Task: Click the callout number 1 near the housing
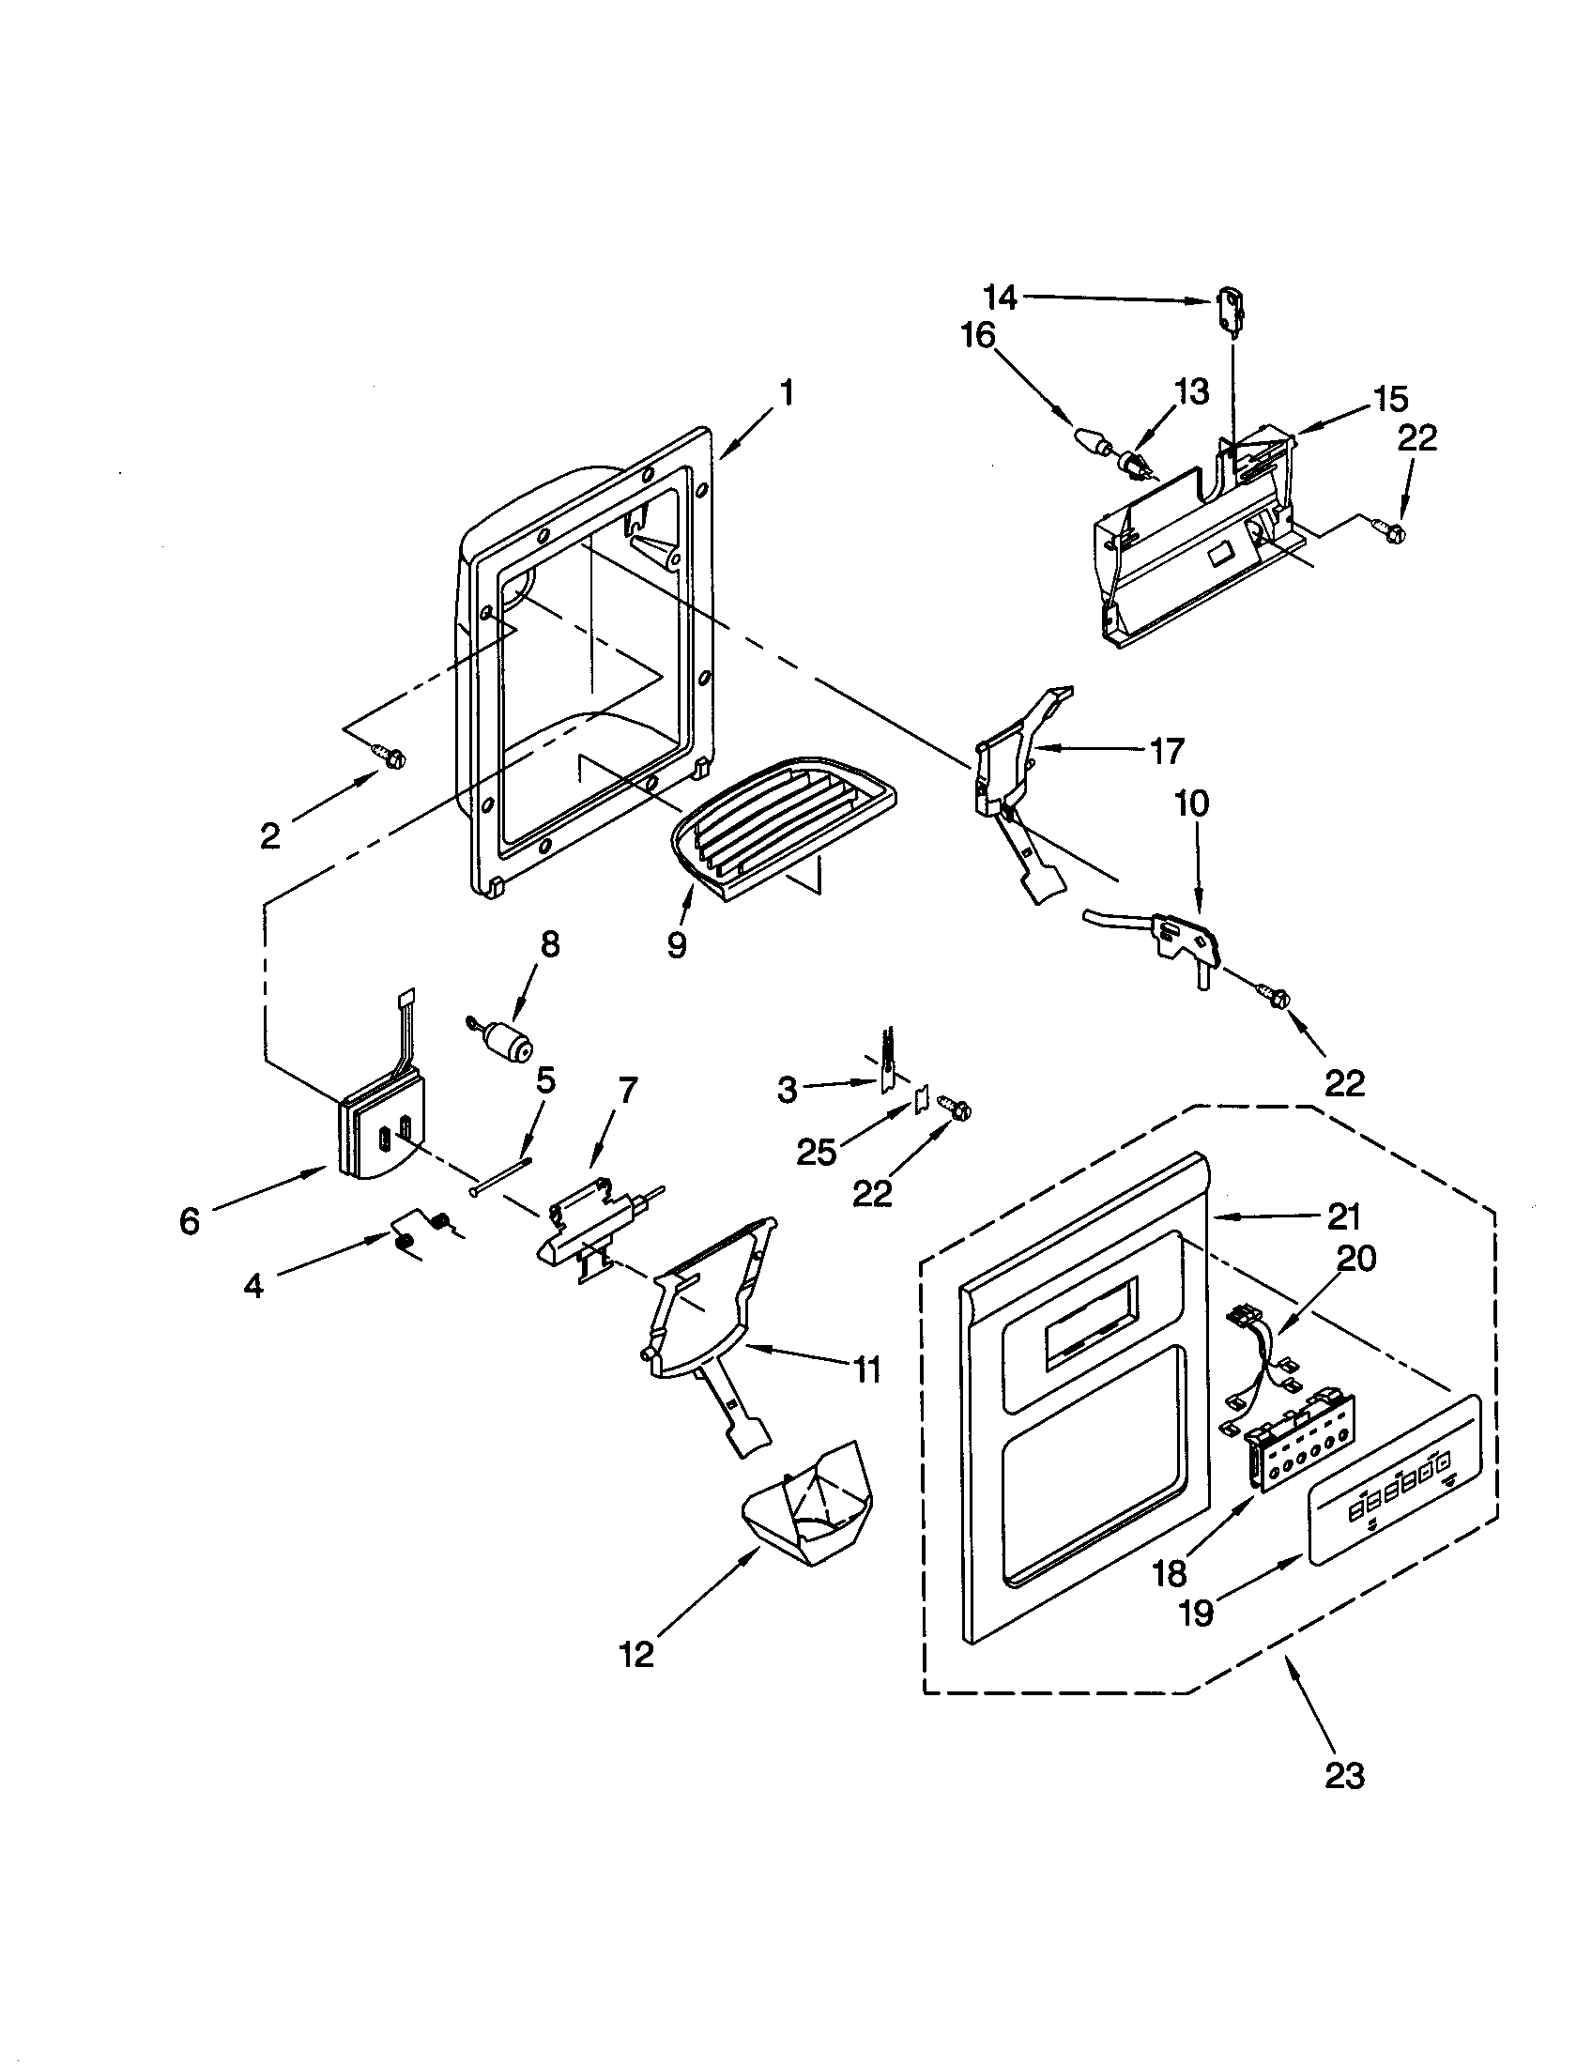click(787, 392)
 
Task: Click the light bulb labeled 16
click(1090, 441)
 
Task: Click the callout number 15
click(1389, 399)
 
